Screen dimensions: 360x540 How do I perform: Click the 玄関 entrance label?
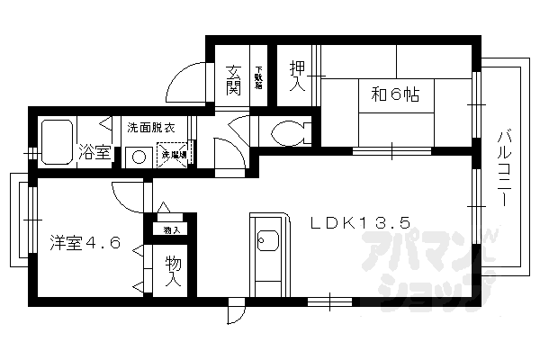point(233,78)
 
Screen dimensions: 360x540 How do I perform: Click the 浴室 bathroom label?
point(94,152)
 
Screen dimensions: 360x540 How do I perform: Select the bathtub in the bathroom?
point(57,142)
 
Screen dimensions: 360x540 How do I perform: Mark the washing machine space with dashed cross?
point(174,153)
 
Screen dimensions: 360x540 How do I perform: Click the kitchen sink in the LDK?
point(266,241)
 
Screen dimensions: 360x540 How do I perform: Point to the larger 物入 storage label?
point(174,272)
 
